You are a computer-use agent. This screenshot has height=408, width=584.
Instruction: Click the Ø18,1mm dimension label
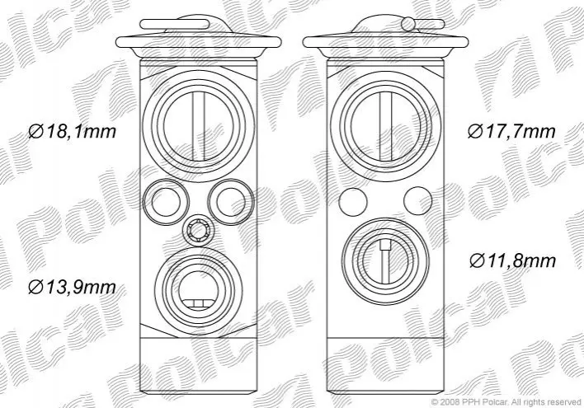click(x=73, y=131)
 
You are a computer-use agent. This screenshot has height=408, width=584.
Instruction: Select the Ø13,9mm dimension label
click(x=73, y=287)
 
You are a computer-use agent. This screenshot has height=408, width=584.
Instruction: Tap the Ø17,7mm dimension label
click(x=511, y=131)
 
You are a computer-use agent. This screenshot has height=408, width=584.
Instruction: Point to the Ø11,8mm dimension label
click(x=512, y=260)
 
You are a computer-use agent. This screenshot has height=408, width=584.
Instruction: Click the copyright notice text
click(x=506, y=401)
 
